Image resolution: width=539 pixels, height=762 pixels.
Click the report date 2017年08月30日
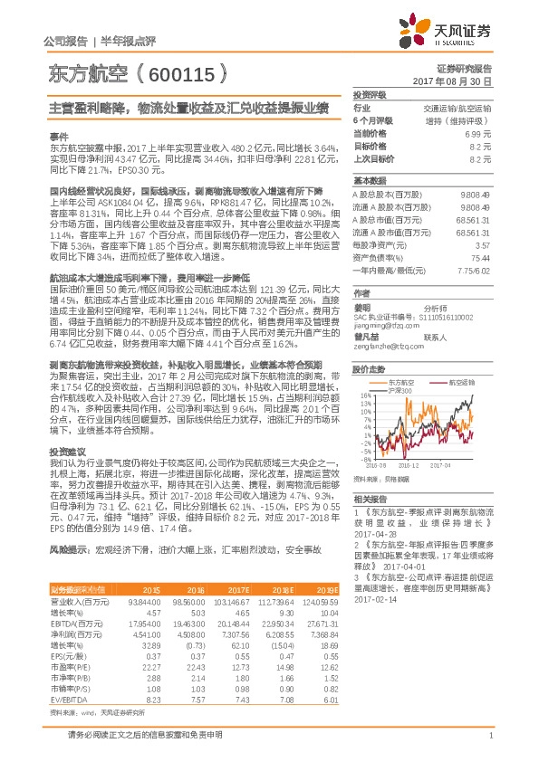[463, 81]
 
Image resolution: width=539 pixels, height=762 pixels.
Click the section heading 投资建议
[68, 450]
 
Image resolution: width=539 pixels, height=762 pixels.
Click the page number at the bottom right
[488, 745]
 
